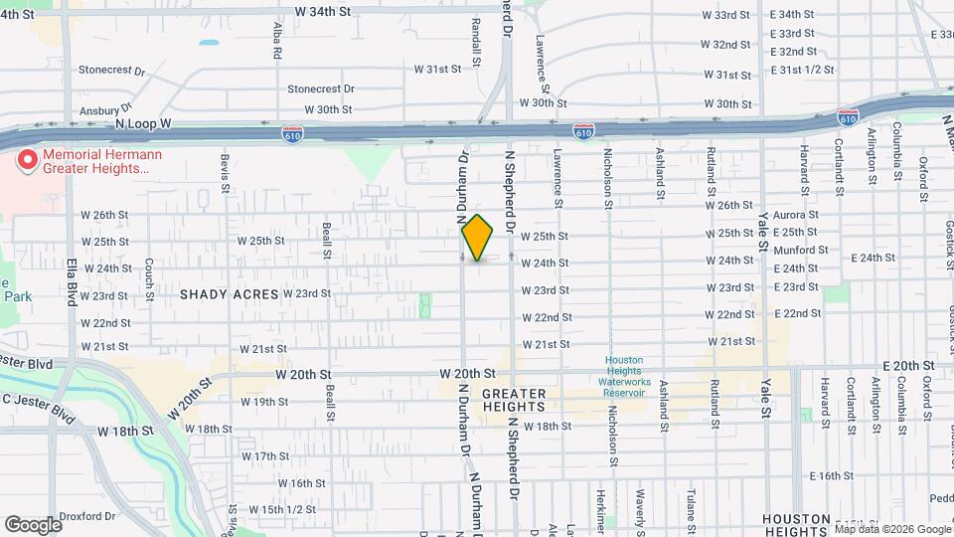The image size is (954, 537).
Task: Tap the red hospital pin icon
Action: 28,159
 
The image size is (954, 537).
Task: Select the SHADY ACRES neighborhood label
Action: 228,294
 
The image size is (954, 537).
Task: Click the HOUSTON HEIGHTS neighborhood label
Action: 796,525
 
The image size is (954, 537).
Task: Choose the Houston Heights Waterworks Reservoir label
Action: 624,376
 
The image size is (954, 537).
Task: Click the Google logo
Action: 33,524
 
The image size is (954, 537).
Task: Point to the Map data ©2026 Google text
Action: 891,528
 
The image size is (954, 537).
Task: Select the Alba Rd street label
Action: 277,41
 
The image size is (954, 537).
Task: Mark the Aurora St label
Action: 800,215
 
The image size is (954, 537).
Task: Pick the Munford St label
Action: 800,251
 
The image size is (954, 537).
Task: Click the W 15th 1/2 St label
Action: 271,510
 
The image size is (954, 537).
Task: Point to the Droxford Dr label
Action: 88,516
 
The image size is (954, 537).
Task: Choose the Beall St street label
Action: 327,240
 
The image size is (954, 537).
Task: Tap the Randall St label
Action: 477,40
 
